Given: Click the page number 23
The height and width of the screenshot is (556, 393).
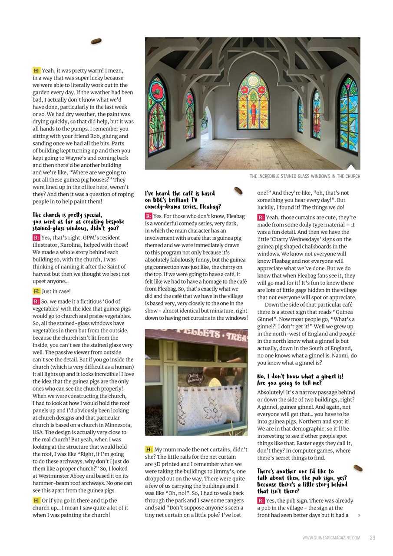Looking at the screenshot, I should [x=372, y=538].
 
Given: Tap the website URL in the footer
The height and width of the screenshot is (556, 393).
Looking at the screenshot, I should [x=331, y=538].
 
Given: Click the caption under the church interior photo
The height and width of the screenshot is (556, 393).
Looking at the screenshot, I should [x=304, y=176].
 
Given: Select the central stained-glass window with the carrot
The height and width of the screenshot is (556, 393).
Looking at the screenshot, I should [x=253, y=101].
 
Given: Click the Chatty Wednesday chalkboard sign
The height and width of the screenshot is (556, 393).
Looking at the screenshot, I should [x=195, y=378].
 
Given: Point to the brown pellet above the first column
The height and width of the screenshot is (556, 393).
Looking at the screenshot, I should [x=96, y=41].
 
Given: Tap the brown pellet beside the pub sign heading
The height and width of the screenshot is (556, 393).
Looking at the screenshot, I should [x=358, y=468].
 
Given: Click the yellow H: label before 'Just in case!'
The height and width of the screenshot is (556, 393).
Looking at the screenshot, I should [x=36, y=291].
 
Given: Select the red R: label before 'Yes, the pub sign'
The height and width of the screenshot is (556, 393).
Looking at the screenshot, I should [x=261, y=501].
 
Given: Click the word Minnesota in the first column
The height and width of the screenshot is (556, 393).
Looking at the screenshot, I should [x=116, y=425].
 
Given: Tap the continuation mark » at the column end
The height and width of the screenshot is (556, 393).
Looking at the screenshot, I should [x=359, y=516].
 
